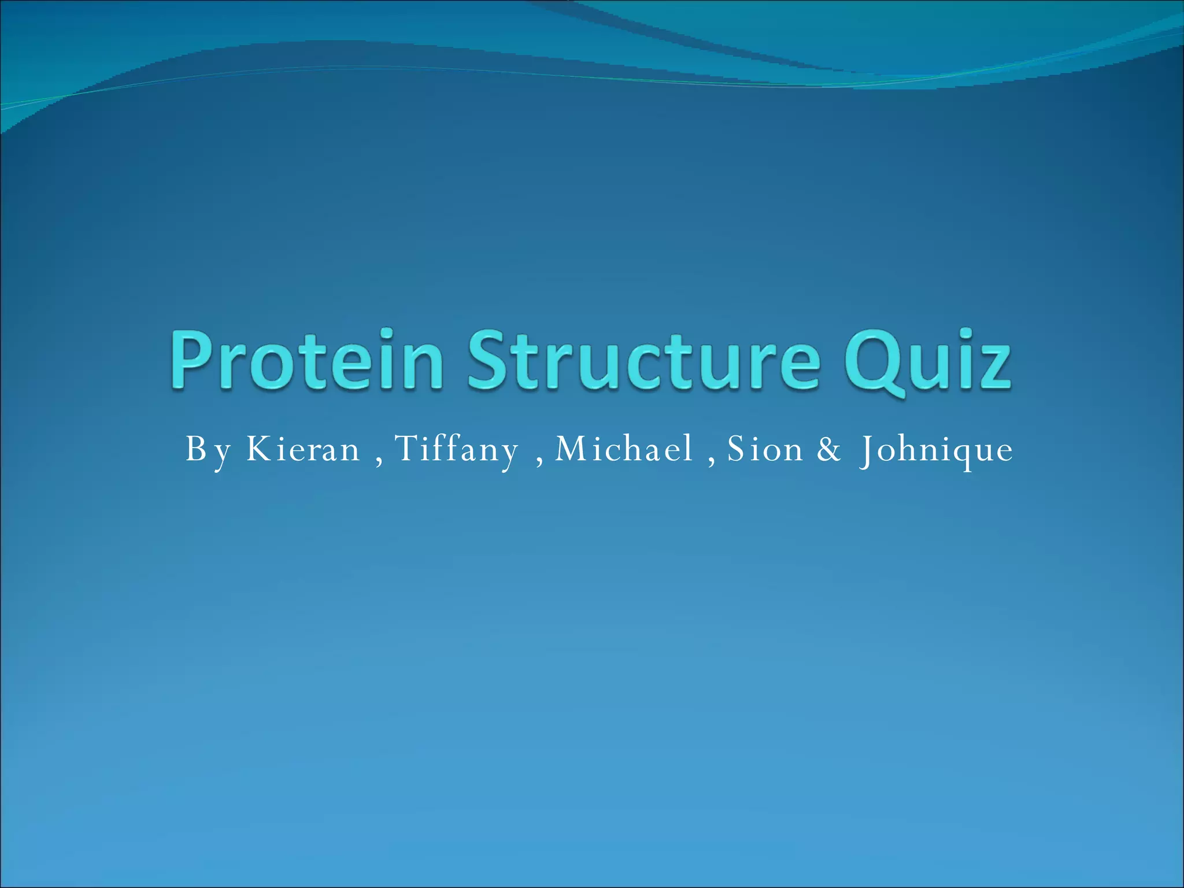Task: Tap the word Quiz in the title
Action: (x=927, y=361)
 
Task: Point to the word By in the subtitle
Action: (x=208, y=450)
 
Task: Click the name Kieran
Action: (x=304, y=449)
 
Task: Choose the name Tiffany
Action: (x=457, y=449)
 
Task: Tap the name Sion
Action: (x=765, y=449)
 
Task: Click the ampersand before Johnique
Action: (x=829, y=450)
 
